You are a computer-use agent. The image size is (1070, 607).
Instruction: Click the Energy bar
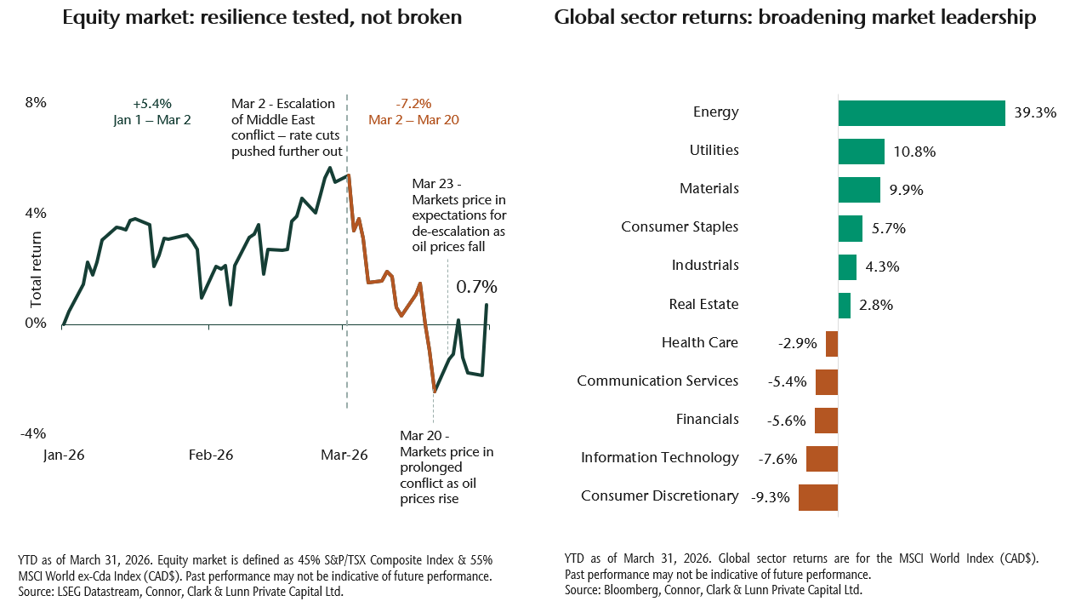pyautogui.click(x=921, y=112)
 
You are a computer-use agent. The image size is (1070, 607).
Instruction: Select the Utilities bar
pyautogui.click(x=861, y=152)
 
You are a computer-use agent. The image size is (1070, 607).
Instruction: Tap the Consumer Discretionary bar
pyautogui.click(x=818, y=496)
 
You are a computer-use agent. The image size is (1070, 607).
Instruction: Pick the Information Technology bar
pyautogui.click(x=822, y=459)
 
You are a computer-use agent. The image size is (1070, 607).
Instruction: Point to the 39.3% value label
pyautogui.click(x=1035, y=112)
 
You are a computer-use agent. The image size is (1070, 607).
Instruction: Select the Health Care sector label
pyautogui.click(x=699, y=342)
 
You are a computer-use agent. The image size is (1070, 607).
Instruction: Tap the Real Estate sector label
pyautogui.click(x=703, y=304)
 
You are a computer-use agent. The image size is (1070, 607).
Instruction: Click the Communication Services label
pyautogui.click(x=657, y=381)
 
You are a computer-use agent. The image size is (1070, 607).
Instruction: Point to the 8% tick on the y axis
pyautogui.click(x=37, y=103)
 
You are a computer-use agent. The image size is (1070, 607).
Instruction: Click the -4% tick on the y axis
pyautogui.click(x=34, y=433)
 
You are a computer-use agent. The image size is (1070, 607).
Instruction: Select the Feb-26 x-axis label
pyautogui.click(x=210, y=455)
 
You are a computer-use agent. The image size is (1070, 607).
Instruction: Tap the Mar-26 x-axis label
pyautogui.click(x=344, y=455)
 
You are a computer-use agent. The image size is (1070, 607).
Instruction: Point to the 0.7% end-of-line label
pyautogui.click(x=476, y=287)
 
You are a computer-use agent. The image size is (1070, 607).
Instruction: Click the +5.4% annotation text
pyautogui.click(x=152, y=104)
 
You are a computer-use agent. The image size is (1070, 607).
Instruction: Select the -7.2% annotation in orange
pyautogui.click(x=413, y=104)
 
